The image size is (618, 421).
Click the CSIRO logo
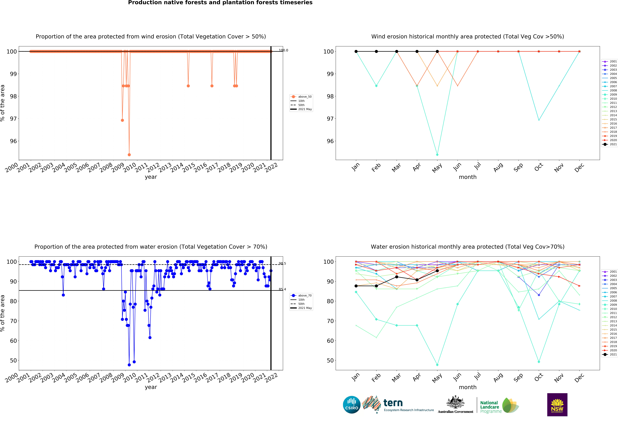pyautogui.click(x=352, y=405)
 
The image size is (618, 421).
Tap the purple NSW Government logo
pyautogui.click(x=557, y=405)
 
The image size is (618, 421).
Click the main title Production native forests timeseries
pyautogui.click(x=220, y=3)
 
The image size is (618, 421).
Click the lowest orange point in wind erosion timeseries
pyautogui.click(x=129, y=155)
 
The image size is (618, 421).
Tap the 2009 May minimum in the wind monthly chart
pyautogui.click(x=437, y=155)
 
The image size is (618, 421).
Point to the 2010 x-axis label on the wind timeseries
pyautogui.click(x=130, y=167)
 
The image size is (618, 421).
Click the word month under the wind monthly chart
pyautogui.click(x=467, y=177)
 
